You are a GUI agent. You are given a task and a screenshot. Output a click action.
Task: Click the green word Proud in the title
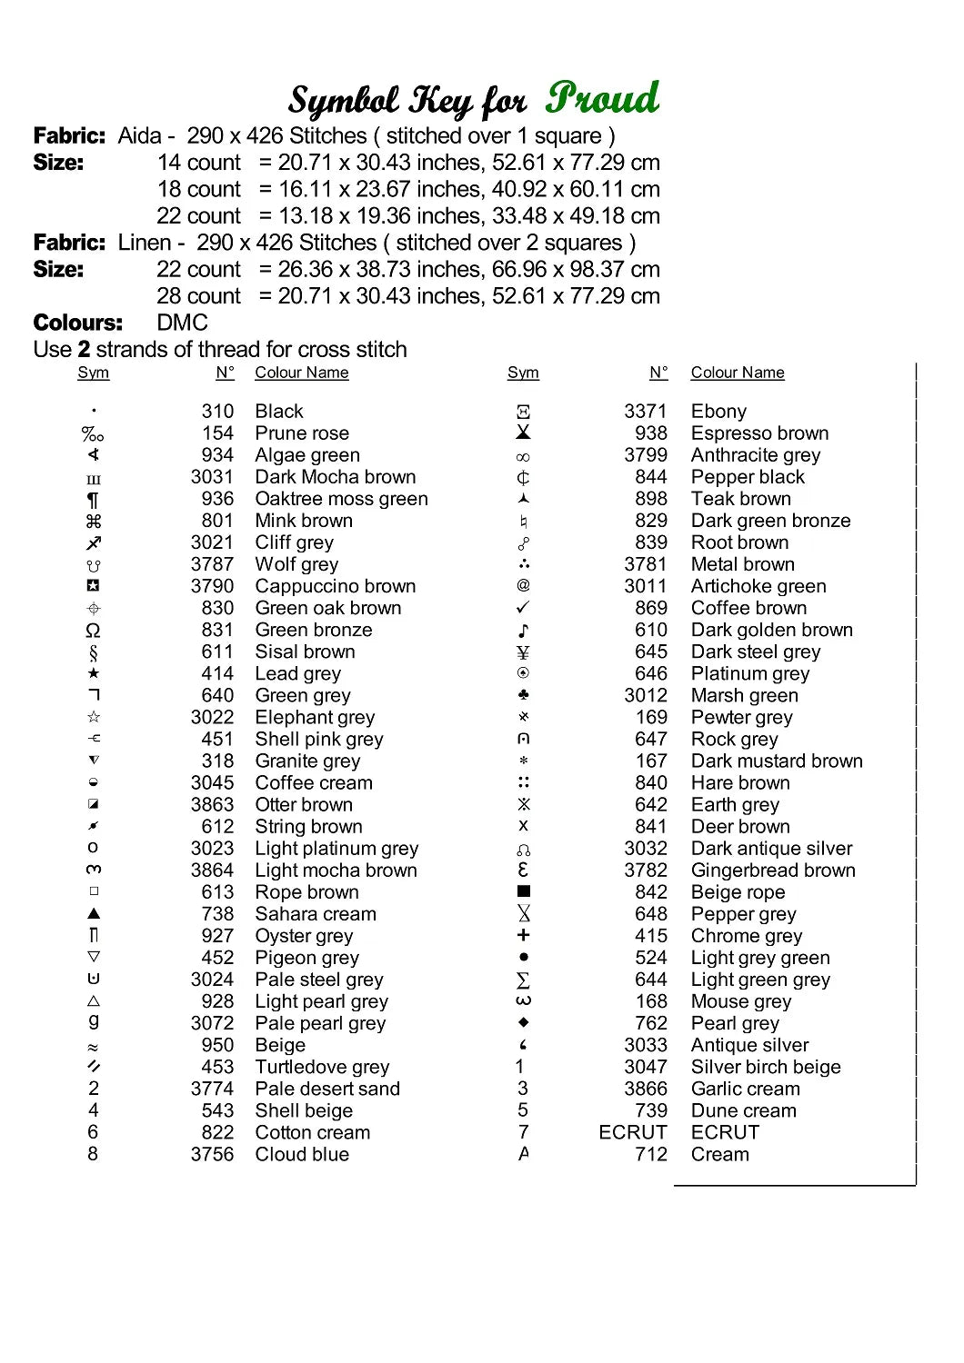coord(603,98)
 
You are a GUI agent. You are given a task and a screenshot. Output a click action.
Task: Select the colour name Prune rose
coord(302,433)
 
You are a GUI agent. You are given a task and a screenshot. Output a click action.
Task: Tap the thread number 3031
coord(212,477)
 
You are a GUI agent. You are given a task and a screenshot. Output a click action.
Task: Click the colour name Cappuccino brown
coord(335,586)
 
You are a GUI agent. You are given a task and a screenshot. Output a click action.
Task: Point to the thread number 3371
coord(645,412)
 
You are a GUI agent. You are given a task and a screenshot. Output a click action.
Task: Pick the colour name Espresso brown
coord(759,433)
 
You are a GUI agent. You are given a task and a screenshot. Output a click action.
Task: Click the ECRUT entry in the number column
coord(633,1132)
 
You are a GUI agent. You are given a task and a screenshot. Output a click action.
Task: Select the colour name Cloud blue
coord(302,1154)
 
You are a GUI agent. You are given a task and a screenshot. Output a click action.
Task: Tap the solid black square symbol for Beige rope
coord(523,891)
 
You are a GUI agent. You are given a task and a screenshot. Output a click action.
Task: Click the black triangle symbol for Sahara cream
coord(94,913)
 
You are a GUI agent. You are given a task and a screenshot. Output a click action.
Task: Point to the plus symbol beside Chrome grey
coord(523,935)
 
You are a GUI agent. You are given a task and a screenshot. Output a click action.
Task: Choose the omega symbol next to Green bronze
coord(93,631)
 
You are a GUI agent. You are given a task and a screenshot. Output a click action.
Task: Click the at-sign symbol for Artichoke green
coord(523,586)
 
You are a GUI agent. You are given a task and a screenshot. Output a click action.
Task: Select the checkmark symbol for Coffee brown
coord(523,607)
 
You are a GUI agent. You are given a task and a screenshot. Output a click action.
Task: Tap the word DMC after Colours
coord(182,323)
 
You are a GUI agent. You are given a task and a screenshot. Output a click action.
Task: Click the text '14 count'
coord(198,163)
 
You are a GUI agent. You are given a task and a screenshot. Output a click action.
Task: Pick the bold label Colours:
coord(77,323)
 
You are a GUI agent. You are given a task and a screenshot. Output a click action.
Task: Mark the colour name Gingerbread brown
coord(773,870)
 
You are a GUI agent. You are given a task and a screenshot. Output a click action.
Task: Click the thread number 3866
coord(645,1089)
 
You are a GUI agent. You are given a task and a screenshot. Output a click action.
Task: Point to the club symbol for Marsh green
coord(523,695)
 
